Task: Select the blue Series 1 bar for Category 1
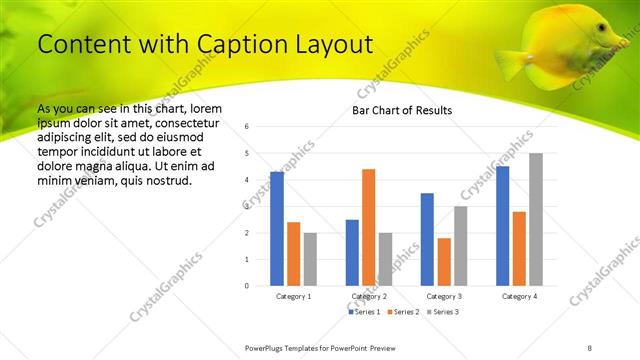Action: pos(277,229)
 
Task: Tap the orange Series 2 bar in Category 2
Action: pos(368,227)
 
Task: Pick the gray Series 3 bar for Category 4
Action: pos(536,219)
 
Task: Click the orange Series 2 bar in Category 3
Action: pos(444,262)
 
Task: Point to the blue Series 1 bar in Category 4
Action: pos(502,226)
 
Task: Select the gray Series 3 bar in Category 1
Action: pos(310,259)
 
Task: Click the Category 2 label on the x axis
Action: pos(368,297)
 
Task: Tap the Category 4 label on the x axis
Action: pos(519,297)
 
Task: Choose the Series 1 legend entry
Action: pos(364,312)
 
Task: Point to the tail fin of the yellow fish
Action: pos(509,63)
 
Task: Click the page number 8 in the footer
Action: pos(590,347)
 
